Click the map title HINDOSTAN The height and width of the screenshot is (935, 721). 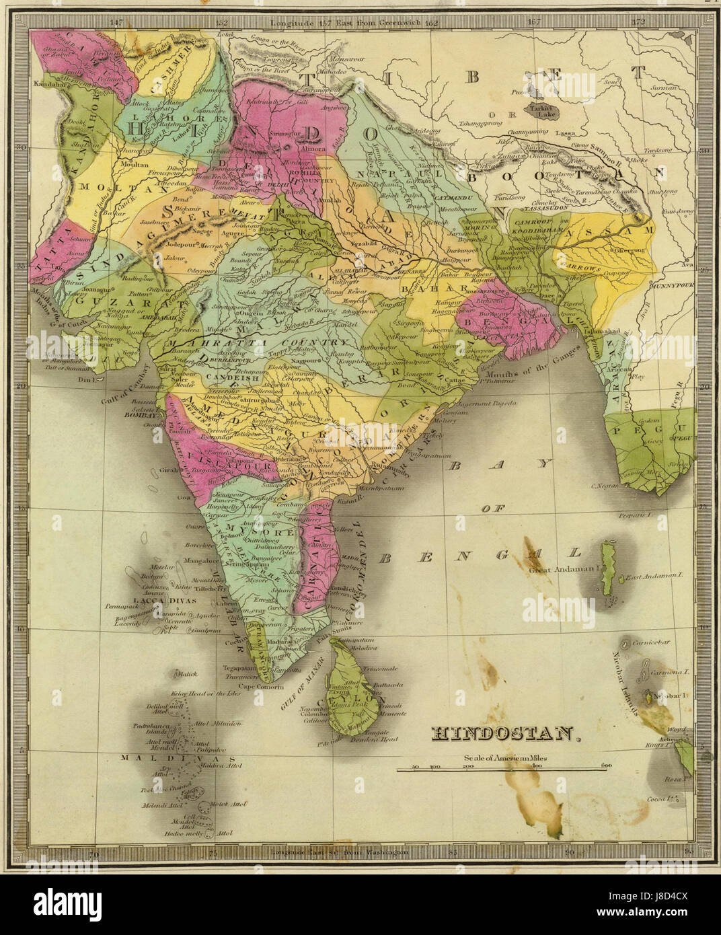click(x=504, y=733)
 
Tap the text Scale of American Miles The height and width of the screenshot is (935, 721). click(x=505, y=758)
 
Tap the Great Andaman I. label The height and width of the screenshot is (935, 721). click(x=564, y=570)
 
